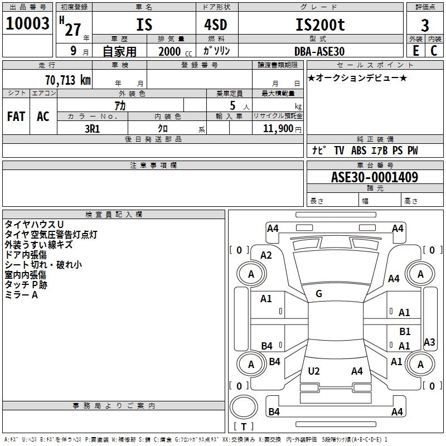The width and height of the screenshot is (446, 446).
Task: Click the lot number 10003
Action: [28, 23]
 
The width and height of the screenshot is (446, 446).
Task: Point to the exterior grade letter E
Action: [415, 51]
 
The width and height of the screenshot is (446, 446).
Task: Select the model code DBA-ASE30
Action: [319, 51]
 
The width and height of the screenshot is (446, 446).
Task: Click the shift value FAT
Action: [16, 117]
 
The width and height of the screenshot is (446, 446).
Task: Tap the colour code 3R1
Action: [92, 128]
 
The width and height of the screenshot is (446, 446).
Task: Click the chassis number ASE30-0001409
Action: [375, 177]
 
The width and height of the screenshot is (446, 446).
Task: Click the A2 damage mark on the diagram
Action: [266, 255]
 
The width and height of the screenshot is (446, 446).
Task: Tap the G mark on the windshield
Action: [318, 294]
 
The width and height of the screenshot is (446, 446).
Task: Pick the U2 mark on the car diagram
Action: [314, 371]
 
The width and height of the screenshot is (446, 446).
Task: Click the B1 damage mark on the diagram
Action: [405, 332]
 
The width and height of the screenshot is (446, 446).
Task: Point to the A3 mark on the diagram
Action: [429, 342]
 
